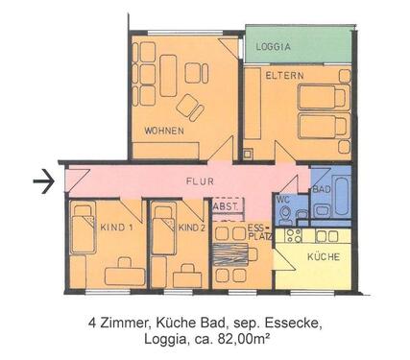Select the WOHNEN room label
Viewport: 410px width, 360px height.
click(164, 131)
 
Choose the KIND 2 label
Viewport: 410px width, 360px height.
click(191, 228)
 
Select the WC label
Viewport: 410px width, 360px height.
click(282, 200)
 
